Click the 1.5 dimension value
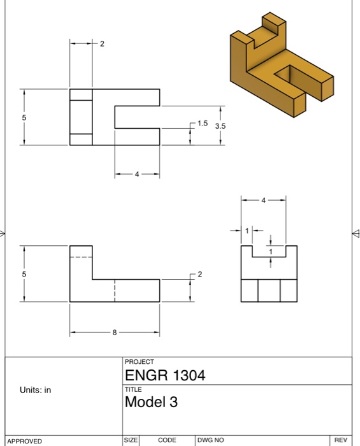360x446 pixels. [203, 122]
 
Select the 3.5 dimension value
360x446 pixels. [220, 126]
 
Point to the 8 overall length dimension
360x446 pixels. [115, 332]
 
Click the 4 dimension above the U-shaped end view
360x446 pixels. [264, 200]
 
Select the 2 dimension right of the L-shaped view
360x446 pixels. [199, 274]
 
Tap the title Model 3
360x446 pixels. [152, 403]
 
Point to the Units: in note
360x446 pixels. [37, 390]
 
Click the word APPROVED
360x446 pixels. [24, 440]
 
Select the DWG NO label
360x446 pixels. [210, 440]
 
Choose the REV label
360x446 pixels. [341, 440]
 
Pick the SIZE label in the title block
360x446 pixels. [131, 440]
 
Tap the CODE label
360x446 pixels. [167, 440]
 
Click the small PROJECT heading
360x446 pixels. [140, 361]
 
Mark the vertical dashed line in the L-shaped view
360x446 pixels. [115, 290]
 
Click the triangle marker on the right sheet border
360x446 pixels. [356, 233]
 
